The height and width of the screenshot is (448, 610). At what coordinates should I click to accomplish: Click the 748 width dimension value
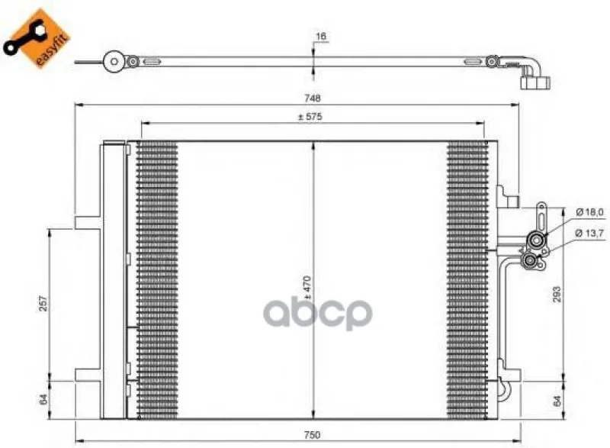pyautogui.click(x=313, y=98)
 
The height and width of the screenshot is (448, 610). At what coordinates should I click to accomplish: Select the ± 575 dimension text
pyautogui.click(x=310, y=116)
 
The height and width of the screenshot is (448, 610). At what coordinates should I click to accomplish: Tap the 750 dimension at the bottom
pyautogui.click(x=312, y=435)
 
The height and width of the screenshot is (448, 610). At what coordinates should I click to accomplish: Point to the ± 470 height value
pyautogui.click(x=307, y=287)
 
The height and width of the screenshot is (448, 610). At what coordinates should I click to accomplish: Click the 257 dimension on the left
pyautogui.click(x=43, y=303)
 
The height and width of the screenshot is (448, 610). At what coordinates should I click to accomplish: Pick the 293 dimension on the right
pyautogui.click(x=557, y=295)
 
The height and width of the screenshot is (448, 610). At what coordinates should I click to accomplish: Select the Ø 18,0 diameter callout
pyautogui.click(x=589, y=212)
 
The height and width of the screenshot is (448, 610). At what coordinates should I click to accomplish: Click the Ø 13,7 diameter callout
pyautogui.click(x=589, y=233)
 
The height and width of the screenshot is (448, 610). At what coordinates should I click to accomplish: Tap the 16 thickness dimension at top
pyautogui.click(x=320, y=36)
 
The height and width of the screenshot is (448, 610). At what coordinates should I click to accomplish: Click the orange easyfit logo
pyautogui.click(x=37, y=39)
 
